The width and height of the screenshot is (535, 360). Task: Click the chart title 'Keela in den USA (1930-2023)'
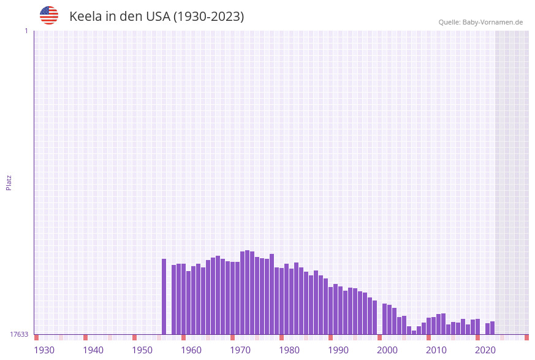point(156,17)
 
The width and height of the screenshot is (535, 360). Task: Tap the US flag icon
point(49,15)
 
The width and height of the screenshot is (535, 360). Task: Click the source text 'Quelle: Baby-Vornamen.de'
point(480,22)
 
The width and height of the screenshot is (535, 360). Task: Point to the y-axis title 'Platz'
point(9,182)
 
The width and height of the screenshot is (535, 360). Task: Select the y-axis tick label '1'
point(26,31)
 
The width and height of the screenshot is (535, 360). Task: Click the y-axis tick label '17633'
point(19,334)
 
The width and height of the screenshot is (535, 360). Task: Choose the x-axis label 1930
point(44,350)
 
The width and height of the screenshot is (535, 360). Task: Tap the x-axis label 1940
point(93,350)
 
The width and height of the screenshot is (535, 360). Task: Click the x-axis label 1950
point(142,350)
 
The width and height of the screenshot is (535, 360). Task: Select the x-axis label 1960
point(191,350)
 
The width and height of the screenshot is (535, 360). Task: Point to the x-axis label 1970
point(240,350)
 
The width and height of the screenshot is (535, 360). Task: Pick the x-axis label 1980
point(289,350)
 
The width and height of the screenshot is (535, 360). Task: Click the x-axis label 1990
point(338,350)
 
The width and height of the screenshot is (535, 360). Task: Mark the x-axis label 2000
point(387,350)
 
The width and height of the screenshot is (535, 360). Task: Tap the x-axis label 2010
point(436,350)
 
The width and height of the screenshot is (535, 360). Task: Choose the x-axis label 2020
point(485,350)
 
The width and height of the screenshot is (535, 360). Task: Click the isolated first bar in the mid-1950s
point(164,296)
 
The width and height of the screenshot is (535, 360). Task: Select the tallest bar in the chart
point(248,292)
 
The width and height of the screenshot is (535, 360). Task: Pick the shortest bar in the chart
point(414,332)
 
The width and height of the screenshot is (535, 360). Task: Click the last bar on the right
point(493,327)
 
